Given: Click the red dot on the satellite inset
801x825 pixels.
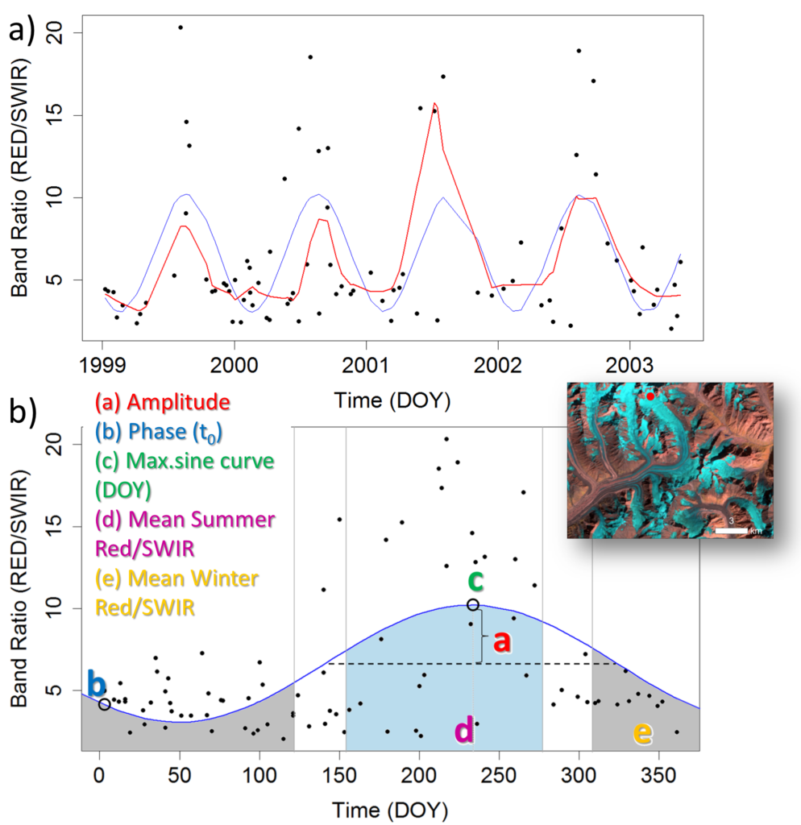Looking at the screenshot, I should [x=650, y=396].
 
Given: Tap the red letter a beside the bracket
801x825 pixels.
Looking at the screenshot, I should [x=503, y=642].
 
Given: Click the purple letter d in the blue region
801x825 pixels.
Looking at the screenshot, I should [x=465, y=730].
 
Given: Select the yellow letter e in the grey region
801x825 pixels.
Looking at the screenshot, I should [x=643, y=732].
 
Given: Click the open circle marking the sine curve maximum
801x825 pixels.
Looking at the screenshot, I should [x=473, y=604].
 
